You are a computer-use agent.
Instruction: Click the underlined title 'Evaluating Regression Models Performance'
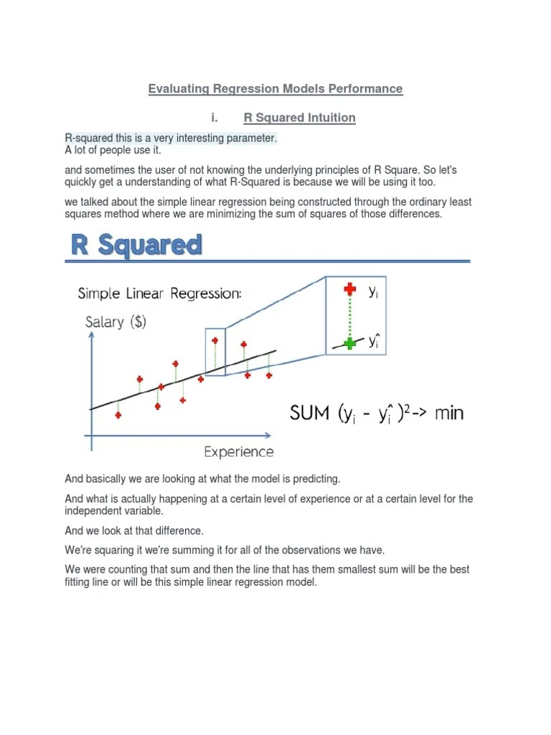[275, 89]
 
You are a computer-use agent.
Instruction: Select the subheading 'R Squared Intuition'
[299, 117]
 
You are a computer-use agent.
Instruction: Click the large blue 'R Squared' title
[136, 245]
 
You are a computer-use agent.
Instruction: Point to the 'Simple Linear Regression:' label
[159, 294]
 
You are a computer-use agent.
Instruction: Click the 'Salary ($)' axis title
[116, 322]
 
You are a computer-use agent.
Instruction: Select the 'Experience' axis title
[239, 451]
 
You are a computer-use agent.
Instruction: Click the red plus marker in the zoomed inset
[350, 289]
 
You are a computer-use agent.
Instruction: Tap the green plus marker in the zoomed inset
[350, 343]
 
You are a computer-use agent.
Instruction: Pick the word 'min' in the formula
[449, 413]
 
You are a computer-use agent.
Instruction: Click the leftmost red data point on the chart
[118, 415]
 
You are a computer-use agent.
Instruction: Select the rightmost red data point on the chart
[269, 375]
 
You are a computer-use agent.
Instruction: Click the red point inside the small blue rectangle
[215, 341]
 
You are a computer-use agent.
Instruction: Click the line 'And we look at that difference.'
[134, 531]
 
